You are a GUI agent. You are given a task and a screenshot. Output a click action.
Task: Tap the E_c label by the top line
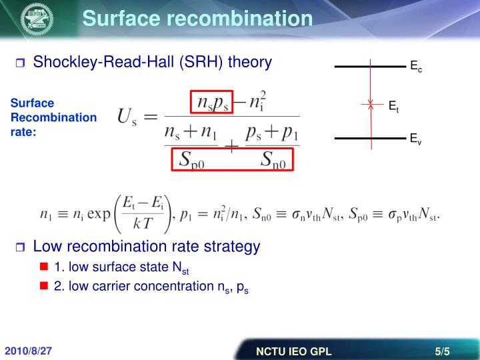coord(416,67)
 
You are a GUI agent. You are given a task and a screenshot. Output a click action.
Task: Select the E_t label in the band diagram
coord(393,105)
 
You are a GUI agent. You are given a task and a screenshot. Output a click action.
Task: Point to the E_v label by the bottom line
coord(415,139)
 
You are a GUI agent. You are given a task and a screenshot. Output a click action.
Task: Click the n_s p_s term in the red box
coord(213,101)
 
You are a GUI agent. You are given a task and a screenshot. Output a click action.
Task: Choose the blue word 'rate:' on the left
coord(22,132)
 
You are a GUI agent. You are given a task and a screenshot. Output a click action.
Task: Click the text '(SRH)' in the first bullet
coord(199,63)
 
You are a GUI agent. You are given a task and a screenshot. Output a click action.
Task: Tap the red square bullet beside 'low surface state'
coord(45,268)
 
